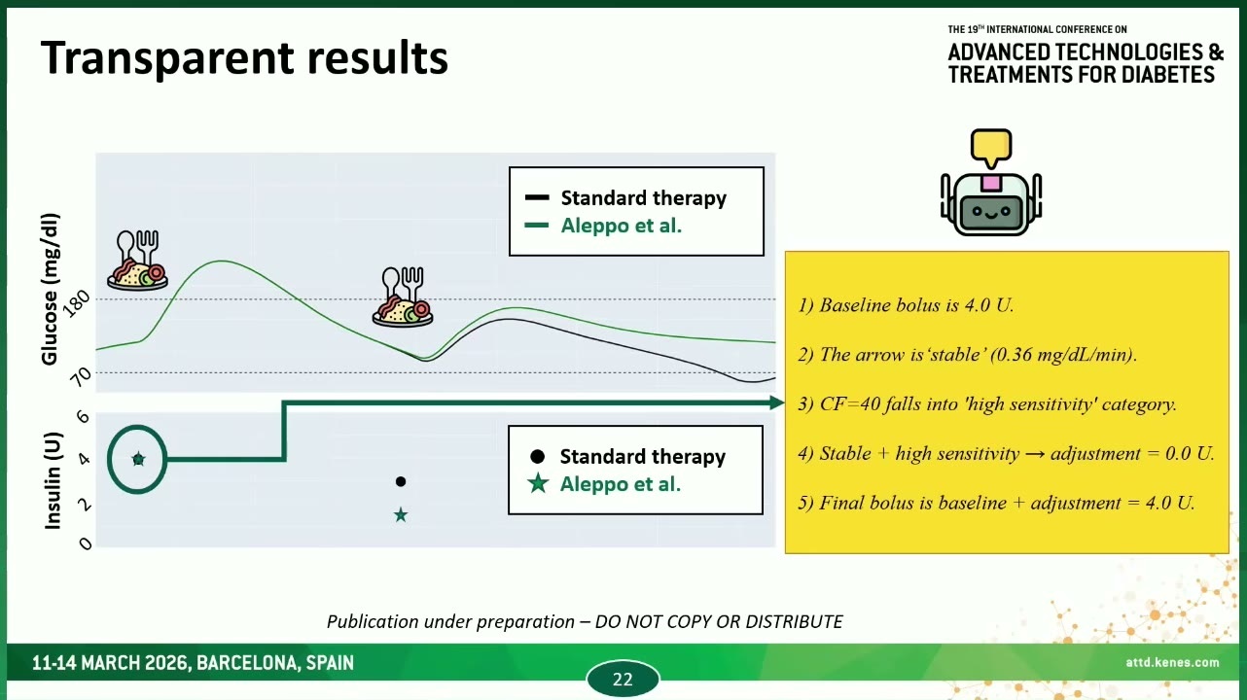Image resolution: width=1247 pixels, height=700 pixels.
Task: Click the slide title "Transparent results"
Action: [244, 58]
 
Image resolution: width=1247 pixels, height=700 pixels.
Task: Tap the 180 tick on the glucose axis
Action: [78, 303]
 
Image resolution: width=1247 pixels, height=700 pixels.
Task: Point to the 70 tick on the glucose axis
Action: [82, 376]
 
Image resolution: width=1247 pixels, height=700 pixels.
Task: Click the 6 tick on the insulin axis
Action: [83, 416]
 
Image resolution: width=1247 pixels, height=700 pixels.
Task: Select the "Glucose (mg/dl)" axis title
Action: [50, 289]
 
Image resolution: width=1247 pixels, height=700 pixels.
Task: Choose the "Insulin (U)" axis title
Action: [53, 480]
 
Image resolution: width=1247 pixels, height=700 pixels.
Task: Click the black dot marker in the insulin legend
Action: [537, 457]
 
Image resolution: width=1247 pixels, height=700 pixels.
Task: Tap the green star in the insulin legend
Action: [538, 483]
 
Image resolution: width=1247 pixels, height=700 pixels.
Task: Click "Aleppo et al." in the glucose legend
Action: [622, 226]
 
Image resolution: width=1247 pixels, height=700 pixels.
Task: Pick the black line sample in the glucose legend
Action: [537, 197]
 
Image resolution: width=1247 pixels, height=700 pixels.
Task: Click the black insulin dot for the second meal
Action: [401, 481]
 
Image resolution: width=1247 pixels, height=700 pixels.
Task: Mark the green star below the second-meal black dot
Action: [401, 515]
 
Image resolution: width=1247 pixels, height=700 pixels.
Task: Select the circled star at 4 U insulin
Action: [139, 460]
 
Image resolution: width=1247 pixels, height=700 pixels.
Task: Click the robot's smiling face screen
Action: [991, 212]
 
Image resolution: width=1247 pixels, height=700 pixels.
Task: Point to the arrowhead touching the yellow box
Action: [777, 402]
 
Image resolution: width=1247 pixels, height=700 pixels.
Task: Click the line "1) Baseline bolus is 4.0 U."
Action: [906, 305]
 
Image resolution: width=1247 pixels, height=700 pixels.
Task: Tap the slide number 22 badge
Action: [623, 679]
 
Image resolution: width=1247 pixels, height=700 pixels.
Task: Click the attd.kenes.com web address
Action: [1172, 662]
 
